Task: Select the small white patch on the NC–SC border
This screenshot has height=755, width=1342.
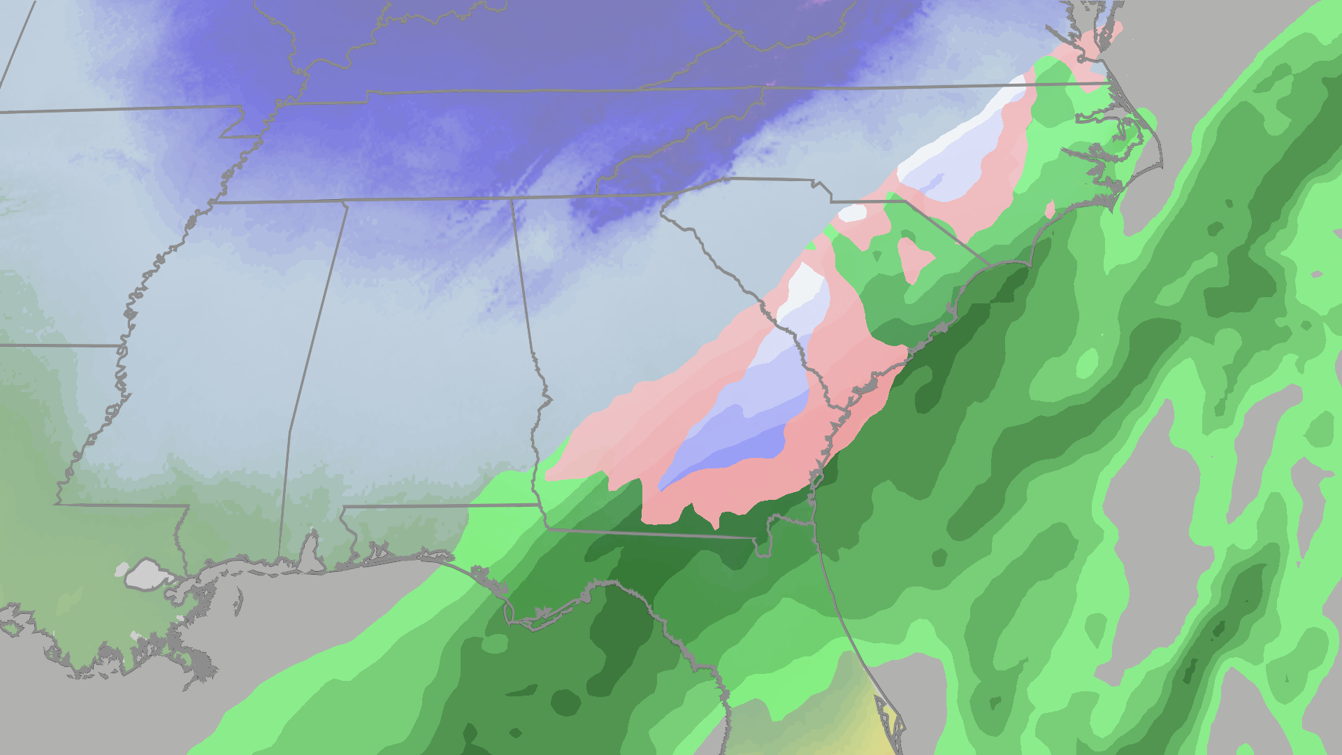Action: tap(853, 213)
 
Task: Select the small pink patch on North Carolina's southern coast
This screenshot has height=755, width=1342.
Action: tap(1049, 209)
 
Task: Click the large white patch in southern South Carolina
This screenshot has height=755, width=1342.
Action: tap(804, 287)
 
